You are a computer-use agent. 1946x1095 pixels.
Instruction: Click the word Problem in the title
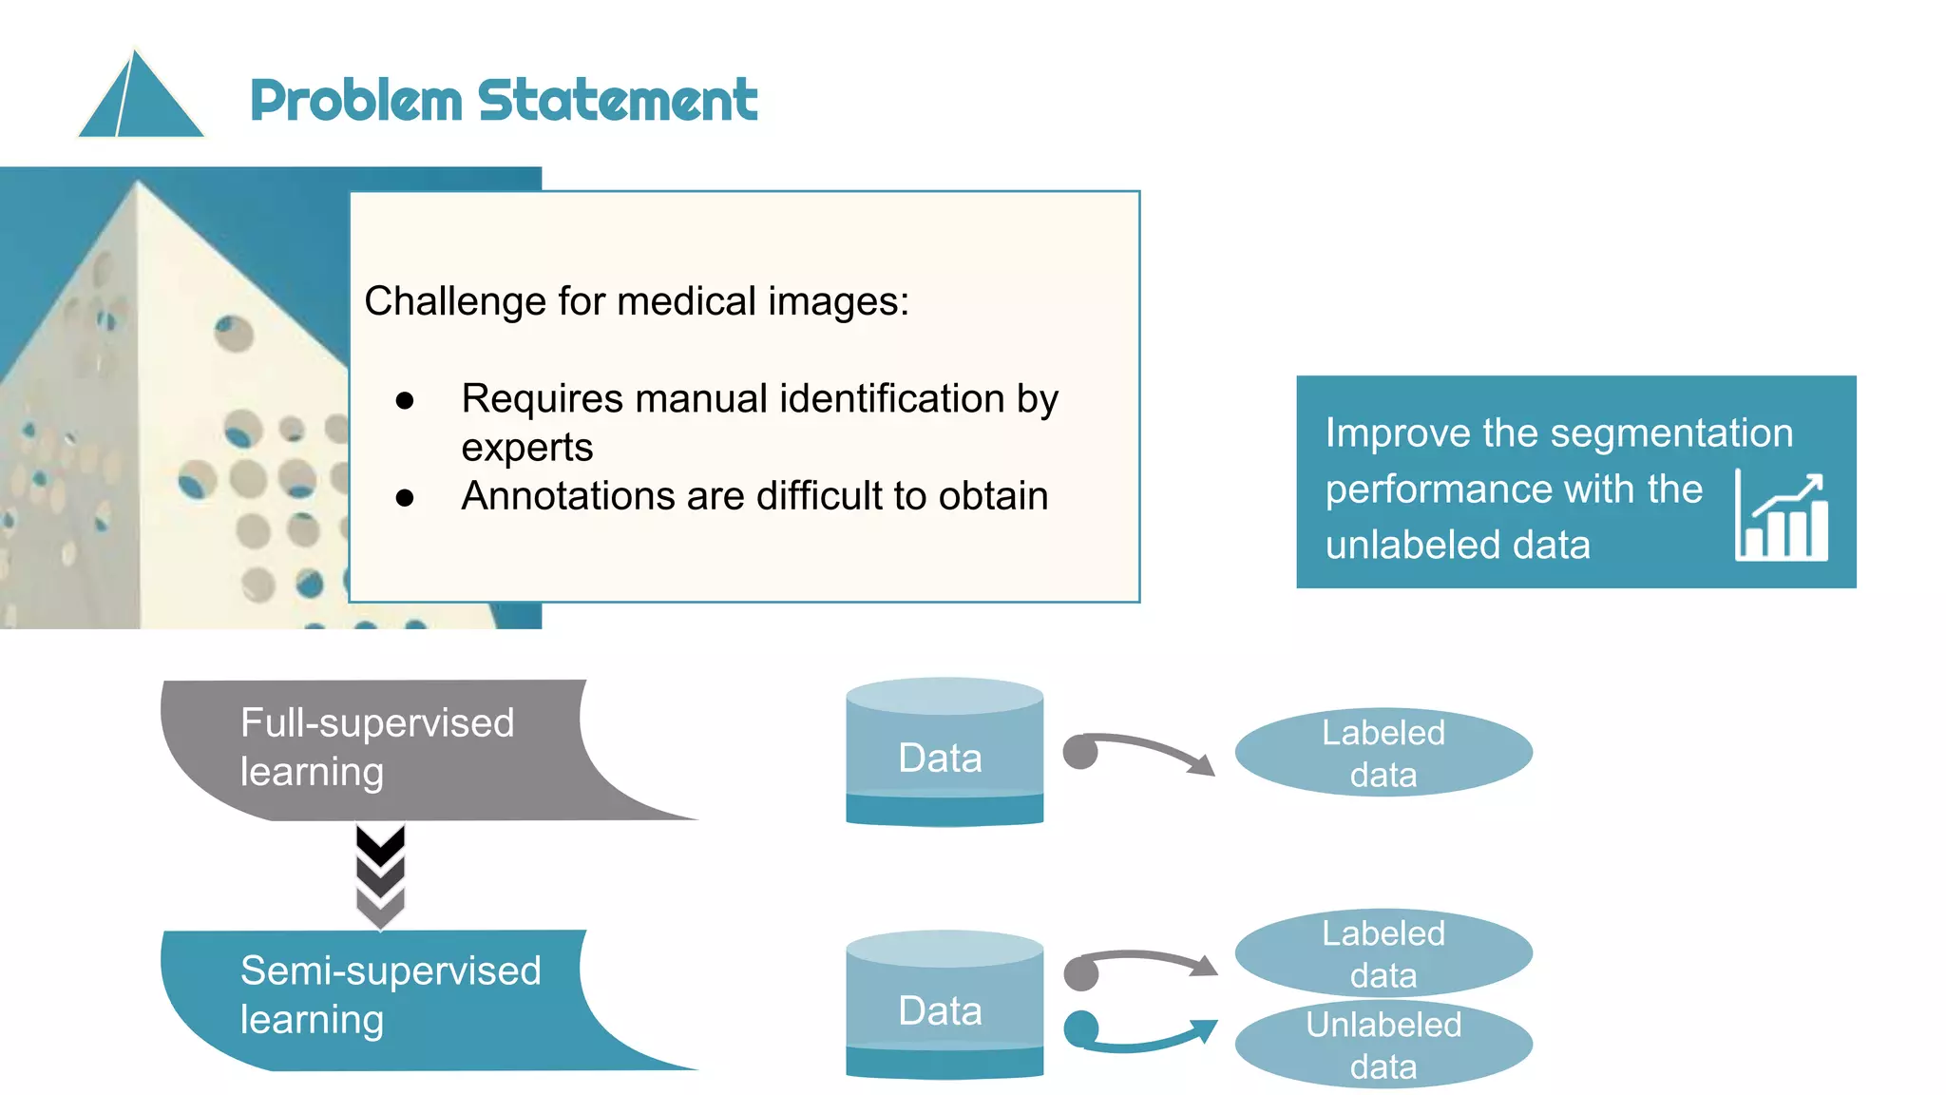355,101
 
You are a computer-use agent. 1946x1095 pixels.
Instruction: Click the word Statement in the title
618,101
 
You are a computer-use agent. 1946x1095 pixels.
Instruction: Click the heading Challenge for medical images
637,301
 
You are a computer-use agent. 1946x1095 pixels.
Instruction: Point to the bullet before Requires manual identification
405,401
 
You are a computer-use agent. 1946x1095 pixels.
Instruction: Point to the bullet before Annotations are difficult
405,497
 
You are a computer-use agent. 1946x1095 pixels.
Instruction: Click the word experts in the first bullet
527,448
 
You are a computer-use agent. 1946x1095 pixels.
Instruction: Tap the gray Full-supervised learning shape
380,749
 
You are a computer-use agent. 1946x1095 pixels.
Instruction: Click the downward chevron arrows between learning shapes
380,874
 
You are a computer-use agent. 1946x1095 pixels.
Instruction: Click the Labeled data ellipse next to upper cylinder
1383,753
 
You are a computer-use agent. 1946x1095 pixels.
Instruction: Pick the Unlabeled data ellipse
1383,1046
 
